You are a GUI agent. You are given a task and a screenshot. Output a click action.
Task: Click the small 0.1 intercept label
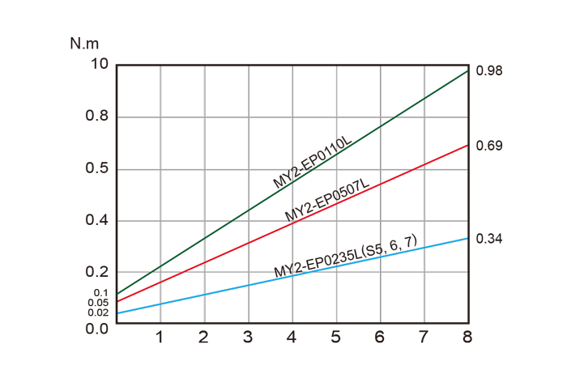[x=101, y=293]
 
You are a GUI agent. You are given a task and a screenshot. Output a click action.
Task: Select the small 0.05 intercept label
[x=99, y=303]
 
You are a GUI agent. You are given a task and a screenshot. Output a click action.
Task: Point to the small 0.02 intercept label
[x=98, y=312]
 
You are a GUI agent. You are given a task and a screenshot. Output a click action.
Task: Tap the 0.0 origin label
[x=96, y=329]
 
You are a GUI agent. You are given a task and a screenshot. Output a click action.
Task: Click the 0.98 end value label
[x=490, y=71]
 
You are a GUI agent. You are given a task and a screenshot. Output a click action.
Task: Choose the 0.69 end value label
[x=490, y=146]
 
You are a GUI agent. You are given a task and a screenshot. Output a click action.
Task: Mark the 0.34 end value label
[x=490, y=239]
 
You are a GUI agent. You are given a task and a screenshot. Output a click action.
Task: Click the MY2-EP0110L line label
[x=313, y=163]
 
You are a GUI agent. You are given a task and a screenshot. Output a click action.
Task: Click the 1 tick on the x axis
[x=160, y=337]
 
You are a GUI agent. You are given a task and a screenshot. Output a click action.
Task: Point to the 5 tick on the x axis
[x=335, y=337]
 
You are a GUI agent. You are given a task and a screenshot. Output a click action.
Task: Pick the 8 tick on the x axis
[x=467, y=337]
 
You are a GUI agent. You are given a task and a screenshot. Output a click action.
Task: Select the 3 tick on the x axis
[x=248, y=337]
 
